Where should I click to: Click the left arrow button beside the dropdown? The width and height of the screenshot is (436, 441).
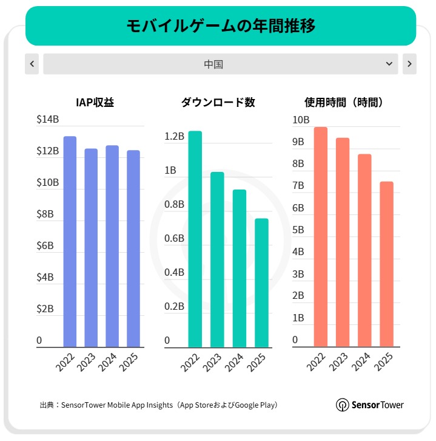coord(32,64)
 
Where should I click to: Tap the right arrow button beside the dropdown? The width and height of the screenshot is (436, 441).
coord(409,64)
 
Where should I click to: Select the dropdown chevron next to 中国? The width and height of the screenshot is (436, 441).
coord(389,64)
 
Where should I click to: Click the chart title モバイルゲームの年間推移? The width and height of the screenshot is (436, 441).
coord(221,26)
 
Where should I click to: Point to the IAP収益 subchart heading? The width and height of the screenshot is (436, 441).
coord(95,103)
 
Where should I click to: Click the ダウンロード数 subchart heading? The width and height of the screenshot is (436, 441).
coord(218,103)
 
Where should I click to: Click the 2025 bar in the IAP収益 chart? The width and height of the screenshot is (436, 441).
coord(133,248)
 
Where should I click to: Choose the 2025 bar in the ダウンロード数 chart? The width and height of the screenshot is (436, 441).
coord(261,282)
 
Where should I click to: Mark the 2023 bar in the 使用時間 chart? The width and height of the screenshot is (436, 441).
coord(343,242)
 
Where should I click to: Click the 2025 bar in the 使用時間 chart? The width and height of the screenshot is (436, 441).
coord(386,264)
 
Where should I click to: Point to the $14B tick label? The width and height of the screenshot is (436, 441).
coord(48,120)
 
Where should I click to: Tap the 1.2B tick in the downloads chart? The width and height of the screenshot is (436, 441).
coord(174,136)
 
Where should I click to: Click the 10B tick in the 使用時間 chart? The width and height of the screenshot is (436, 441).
coord(301,120)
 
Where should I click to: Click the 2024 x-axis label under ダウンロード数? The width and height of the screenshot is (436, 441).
coord(233,364)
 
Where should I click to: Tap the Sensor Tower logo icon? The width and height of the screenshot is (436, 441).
coord(342,405)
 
